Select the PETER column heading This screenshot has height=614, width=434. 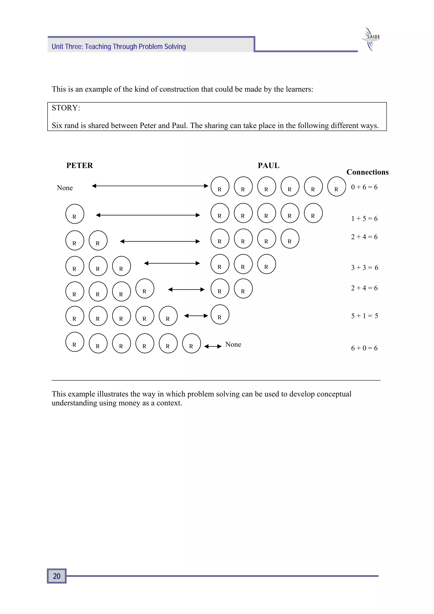pyautogui.click(x=79, y=166)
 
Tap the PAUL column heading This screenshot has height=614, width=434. pyautogui.click(x=268, y=166)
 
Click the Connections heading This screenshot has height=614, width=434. pyautogui.click(x=367, y=172)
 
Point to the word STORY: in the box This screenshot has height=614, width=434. pyautogui.click(x=66, y=108)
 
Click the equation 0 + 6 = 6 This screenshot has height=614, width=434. pyautogui.click(x=364, y=187)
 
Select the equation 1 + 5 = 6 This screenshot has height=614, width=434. pyautogui.click(x=364, y=219)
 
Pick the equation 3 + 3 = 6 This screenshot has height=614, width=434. pyautogui.click(x=364, y=267)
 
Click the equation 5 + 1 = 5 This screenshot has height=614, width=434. pyautogui.click(x=364, y=316)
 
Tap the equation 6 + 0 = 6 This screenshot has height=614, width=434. pyautogui.click(x=364, y=348)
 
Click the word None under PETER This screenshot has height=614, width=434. pyautogui.click(x=65, y=188)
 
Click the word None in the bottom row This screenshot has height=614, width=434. pyautogui.click(x=233, y=344)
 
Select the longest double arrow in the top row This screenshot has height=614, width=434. pyautogui.click(x=150, y=186)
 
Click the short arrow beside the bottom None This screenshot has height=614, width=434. pyautogui.click(x=213, y=346)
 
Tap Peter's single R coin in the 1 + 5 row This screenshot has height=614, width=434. pyautogui.click(x=75, y=214)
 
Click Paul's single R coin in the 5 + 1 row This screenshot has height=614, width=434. pyautogui.click(x=220, y=315)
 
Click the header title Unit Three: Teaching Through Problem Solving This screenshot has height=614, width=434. pyautogui.click(x=119, y=47)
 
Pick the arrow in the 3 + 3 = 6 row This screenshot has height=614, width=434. pyautogui.click(x=172, y=263)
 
